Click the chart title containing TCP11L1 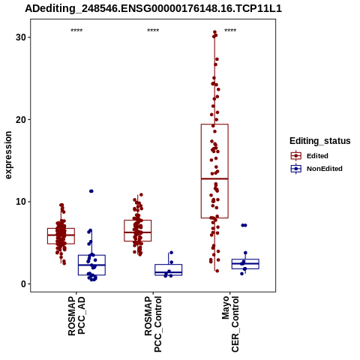click(x=153, y=9)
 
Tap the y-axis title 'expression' click(x=8, y=155)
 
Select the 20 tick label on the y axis click(x=21, y=119)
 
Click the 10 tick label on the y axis click(x=21, y=202)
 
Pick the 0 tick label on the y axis click(x=24, y=284)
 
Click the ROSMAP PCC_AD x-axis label click(x=76, y=316)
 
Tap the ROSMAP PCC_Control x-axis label click(x=153, y=324)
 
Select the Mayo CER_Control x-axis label click(x=230, y=324)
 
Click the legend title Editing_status click(x=320, y=141)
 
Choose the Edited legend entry click(x=310, y=156)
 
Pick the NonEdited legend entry click(x=316, y=169)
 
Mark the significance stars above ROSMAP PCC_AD click(x=76, y=31)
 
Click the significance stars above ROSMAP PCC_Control click(x=153, y=31)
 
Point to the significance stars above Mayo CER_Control click(x=230, y=31)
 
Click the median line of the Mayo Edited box click(x=214, y=178)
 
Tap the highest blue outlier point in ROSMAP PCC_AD click(x=91, y=191)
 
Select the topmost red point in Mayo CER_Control click(x=214, y=32)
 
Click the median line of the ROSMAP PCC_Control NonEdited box click(x=169, y=272)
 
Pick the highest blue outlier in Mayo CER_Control click(x=244, y=225)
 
